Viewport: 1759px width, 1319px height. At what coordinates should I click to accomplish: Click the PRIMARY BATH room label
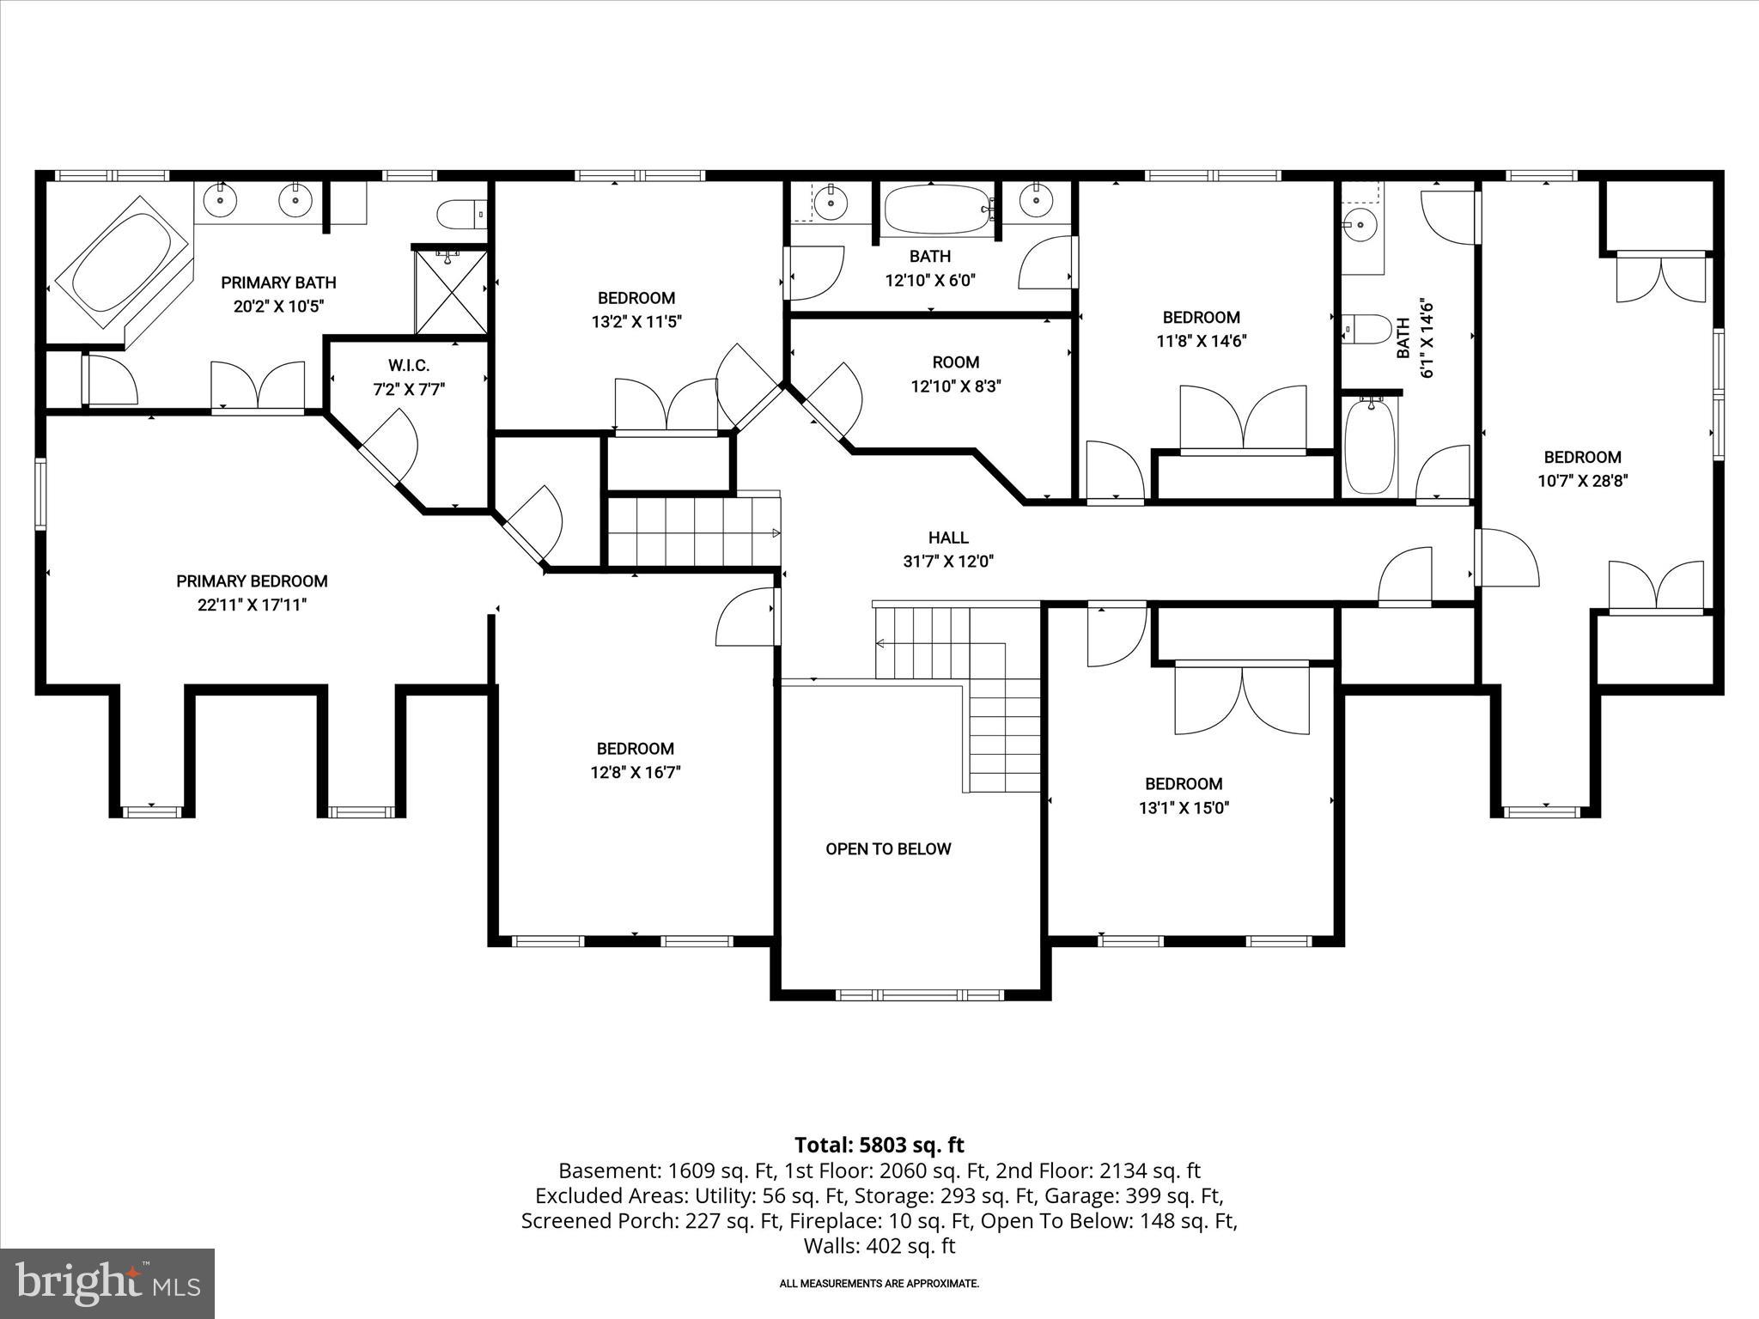pyautogui.click(x=278, y=283)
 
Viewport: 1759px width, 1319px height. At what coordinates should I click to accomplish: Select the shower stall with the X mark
pyautogui.click(x=451, y=292)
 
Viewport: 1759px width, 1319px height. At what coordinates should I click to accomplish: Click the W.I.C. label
pyautogui.click(x=408, y=367)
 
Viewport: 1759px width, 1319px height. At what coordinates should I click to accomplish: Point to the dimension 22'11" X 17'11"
pyautogui.click(x=252, y=605)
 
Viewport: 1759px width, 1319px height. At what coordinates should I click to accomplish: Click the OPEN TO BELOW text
pyautogui.click(x=888, y=849)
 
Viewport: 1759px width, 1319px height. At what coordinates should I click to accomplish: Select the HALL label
pyautogui.click(x=948, y=538)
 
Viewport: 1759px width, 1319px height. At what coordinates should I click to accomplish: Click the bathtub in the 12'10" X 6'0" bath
pyautogui.click(x=936, y=209)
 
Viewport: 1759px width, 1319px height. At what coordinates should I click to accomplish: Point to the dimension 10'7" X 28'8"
pyautogui.click(x=1582, y=482)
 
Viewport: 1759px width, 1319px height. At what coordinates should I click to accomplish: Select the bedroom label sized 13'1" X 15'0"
pyautogui.click(x=1183, y=784)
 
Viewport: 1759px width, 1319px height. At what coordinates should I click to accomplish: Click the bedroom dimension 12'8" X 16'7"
pyautogui.click(x=636, y=773)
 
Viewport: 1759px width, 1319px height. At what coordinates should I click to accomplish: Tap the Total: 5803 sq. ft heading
pyautogui.click(x=879, y=1145)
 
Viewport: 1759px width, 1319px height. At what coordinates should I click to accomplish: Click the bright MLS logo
pyautogui.click(x=107, y=1283)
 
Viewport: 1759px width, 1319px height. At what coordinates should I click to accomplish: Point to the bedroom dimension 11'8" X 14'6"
pyautogui.click(x=1201, y=341)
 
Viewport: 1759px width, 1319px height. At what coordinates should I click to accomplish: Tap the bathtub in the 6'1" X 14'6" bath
pyautogui.click(x=1370, y=447)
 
